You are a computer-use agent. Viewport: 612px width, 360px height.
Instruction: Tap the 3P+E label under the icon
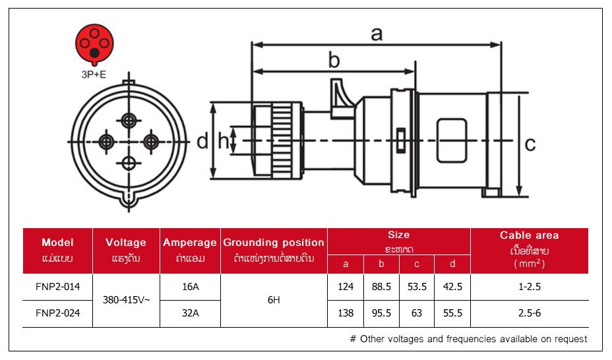[94, 75]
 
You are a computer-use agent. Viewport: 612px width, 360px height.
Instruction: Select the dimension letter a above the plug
[376, 34]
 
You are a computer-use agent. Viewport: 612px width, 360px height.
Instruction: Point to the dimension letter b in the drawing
[334, 61]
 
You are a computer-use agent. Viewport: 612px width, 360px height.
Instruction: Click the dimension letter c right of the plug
[530, 143]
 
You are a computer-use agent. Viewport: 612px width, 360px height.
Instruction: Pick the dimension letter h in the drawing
[224, 140]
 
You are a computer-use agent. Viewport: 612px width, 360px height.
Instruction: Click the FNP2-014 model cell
[57, 287]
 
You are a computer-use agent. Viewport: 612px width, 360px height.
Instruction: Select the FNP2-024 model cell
[57, 313]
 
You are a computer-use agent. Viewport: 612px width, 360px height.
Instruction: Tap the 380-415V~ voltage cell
[127, 300]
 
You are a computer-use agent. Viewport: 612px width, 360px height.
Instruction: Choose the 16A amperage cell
[190, 287]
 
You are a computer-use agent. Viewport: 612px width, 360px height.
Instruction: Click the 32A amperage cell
[190, 313]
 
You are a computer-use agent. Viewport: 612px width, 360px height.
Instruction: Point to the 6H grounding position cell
[274, 300]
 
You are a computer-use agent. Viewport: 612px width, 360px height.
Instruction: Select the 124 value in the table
[346, 287]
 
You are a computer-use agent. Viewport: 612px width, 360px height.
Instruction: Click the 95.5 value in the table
[382, 313]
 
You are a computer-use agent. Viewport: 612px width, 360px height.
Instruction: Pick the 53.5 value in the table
[417, 287]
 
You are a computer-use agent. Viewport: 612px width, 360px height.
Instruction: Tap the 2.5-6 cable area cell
[529, 313]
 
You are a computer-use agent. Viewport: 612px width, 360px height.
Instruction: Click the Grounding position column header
[274, 243]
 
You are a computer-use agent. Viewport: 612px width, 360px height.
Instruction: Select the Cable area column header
[529, 235]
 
